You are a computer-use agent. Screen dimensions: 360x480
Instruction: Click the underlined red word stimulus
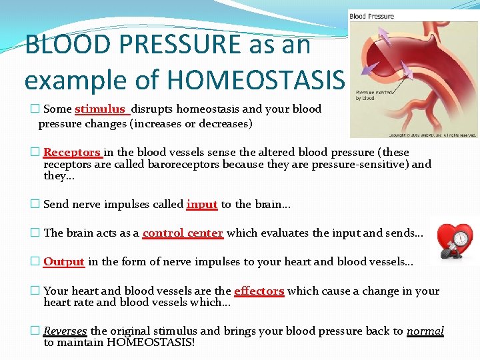[100, 109]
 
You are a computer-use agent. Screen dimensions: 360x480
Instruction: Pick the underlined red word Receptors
[72, 153]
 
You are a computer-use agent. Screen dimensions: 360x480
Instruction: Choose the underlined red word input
[202, 205]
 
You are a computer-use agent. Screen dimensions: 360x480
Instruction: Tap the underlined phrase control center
[183, 233]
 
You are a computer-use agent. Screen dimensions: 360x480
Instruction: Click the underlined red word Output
[63, 262]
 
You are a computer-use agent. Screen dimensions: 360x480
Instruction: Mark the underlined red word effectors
[259, 291]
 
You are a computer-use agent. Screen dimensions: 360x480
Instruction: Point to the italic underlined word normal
[425, 331]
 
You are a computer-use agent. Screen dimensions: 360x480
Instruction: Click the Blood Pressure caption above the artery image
[372, 16]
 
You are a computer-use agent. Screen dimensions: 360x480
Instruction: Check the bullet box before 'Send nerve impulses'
[35, 205]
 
